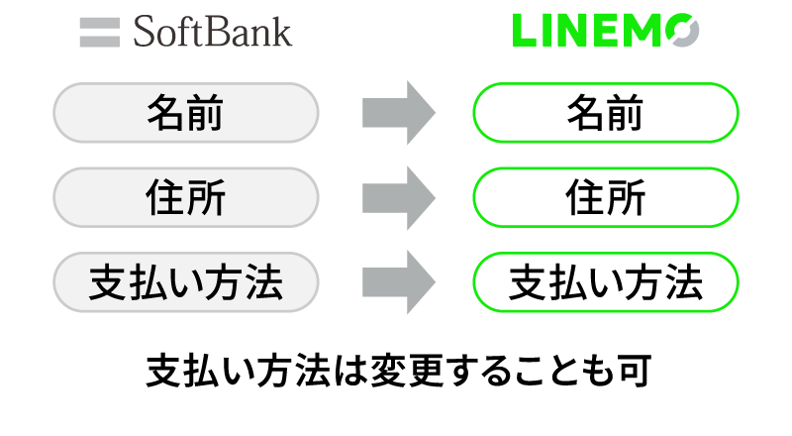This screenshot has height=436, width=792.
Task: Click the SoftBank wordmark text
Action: point(213,32)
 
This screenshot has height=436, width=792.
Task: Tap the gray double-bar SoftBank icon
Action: point(100,33)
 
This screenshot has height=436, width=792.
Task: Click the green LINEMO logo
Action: point(606,31)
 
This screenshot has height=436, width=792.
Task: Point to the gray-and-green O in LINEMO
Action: point(682,31)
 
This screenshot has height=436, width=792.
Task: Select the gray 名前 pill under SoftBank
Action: point(186,113)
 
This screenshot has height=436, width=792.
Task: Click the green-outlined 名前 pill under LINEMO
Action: point(606,113)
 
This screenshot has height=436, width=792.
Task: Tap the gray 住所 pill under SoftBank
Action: point(186,197)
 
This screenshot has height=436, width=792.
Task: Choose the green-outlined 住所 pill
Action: point(606,197)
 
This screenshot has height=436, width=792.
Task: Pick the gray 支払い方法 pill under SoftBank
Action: point(186,281)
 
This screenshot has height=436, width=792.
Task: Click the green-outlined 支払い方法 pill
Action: point(606,281)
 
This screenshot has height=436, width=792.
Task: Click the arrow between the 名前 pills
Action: point(399,113)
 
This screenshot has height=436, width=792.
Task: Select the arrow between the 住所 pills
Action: point(399,197)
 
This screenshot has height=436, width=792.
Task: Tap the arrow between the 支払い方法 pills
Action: point(399,281)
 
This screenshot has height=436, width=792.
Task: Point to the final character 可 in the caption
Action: point(634,371)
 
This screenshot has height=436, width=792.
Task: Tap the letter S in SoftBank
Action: point(145,32)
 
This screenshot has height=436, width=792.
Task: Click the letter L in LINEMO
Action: point(525,31)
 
